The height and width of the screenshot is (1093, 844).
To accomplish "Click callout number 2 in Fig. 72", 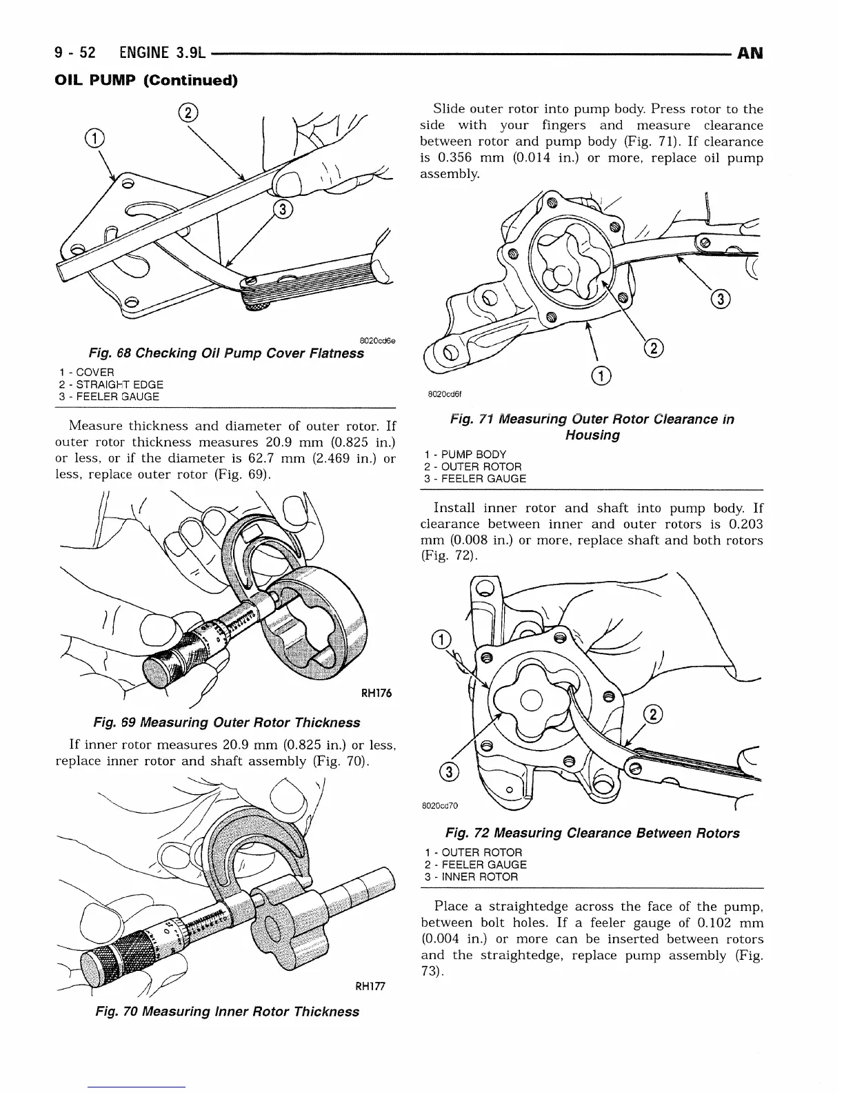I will pyautogui.click(x=650, y=716).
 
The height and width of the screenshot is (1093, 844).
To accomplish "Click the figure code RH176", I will pyautogui.click(x=376, y=693).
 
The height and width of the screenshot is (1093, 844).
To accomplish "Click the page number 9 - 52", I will pyautogui.click(x=76, y=53).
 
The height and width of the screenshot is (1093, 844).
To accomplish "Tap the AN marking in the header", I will pyautogui.click(x=750, y=53).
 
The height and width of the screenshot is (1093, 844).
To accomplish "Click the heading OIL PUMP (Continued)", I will pyautogui.click(x=146, y=81).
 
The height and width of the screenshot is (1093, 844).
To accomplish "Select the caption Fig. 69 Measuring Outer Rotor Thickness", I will pyautogui.click(x=226, y=722).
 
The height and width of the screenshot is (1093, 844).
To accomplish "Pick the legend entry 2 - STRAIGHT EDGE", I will pyautogui.click(x=111, y=384).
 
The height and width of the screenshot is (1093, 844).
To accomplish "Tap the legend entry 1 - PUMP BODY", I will pyautogui.click(x=465, y=454).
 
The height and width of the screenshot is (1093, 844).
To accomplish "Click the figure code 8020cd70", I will pyautogui.click(x=439, y=805).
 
